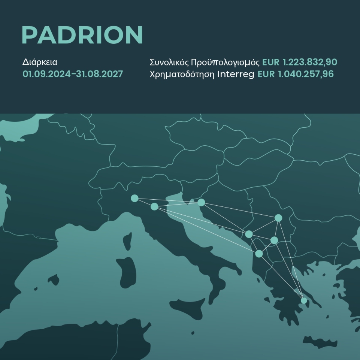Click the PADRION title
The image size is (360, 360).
click(82, 36)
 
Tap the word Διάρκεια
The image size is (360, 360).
click(40, 62)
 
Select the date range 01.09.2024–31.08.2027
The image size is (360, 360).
click(73, 74)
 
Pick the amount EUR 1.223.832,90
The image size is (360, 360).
click(300, 62)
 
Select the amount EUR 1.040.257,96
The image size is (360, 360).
click(296, 74)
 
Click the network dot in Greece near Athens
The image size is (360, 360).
click(304, 300)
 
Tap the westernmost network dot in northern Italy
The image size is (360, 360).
click(134, 198)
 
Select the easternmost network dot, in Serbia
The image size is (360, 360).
click(278, 218)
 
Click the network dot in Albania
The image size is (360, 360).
click(259, 254)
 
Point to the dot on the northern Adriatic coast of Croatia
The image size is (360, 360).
click(201, 202)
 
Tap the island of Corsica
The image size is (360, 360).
click(127, 240)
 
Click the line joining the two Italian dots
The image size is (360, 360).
click(144, 202)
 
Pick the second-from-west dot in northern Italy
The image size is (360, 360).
click(154, 206)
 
